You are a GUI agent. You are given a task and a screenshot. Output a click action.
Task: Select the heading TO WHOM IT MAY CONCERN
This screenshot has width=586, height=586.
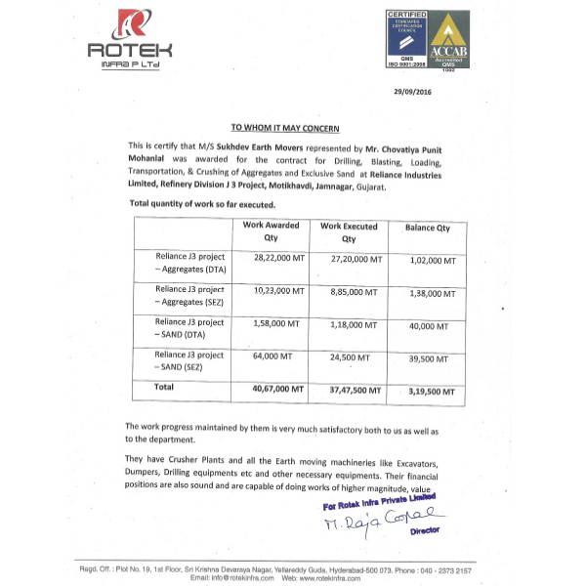click(x=284, y=128)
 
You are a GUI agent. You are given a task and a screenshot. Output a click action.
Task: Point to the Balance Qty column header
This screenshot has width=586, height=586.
click(x=427, y=228)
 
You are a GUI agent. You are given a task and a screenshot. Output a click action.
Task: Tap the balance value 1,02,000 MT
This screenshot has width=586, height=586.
click(x=430, y=261)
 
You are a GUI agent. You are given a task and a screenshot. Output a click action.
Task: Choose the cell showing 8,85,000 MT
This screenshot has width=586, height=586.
click(x=349, y=292)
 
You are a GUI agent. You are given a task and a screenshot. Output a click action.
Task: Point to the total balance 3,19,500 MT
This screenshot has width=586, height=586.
click(x=430, y=390)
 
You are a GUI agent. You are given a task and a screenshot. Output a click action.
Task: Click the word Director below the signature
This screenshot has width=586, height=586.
click(x=425, y=530)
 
